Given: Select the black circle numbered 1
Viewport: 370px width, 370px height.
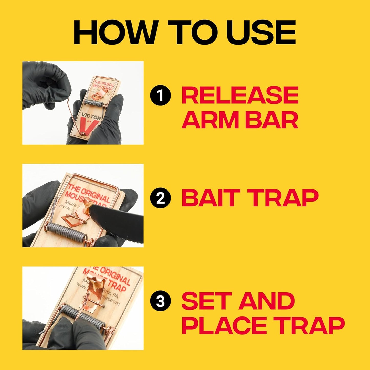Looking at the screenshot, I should [160, 95].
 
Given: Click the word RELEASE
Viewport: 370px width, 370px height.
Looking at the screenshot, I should [240, 95].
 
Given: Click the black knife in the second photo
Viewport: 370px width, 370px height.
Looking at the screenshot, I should [120, 220].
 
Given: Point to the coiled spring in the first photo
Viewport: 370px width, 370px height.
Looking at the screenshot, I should [94, 102].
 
